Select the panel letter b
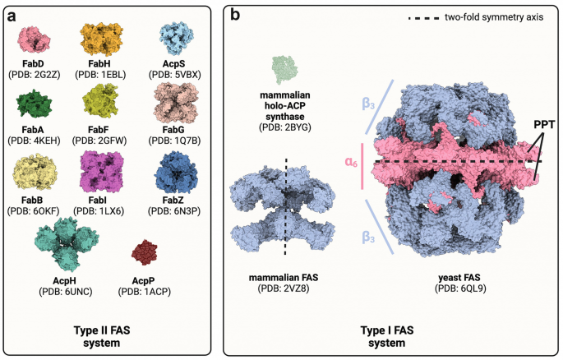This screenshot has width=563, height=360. [237, 14]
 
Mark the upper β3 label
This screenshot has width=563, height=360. [371, 104]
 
